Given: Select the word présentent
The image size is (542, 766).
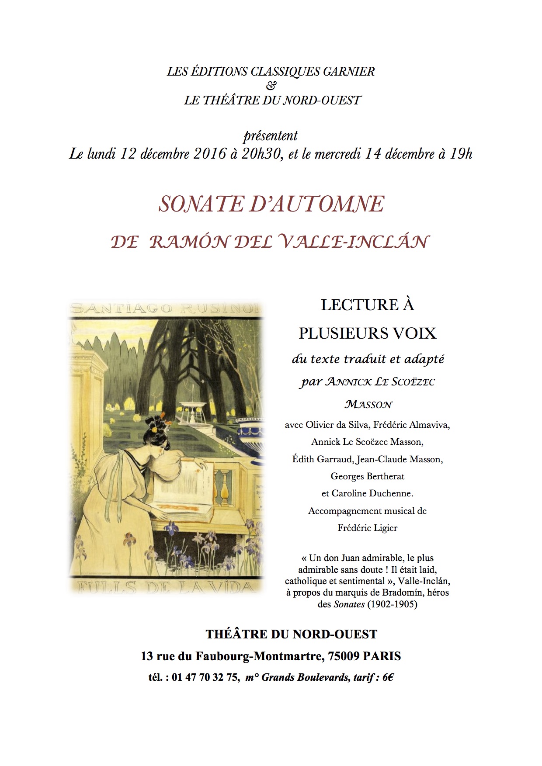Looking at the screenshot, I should point(271,136).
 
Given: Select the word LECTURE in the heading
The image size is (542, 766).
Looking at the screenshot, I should point(354,305).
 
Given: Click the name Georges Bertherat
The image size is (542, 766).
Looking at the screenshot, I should point(367,476).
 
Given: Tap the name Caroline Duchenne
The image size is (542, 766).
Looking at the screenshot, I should point(377,493).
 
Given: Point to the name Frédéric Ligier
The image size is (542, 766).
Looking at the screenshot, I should point(367,528).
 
